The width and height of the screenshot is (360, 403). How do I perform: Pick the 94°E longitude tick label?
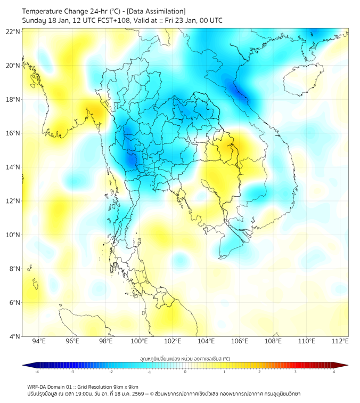pos(39,341)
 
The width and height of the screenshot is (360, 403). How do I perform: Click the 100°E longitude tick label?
pos(139,341)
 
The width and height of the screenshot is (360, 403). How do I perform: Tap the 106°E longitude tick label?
pos(240,341)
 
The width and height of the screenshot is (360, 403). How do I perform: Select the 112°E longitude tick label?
pos(340,341)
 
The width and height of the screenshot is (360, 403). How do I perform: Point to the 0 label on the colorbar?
pos(185,372)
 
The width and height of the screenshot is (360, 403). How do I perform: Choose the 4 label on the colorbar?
pos(334,372)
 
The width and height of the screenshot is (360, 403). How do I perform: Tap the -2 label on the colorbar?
pos(111,372)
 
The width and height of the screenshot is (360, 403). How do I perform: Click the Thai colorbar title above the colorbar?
pos(185,358)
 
